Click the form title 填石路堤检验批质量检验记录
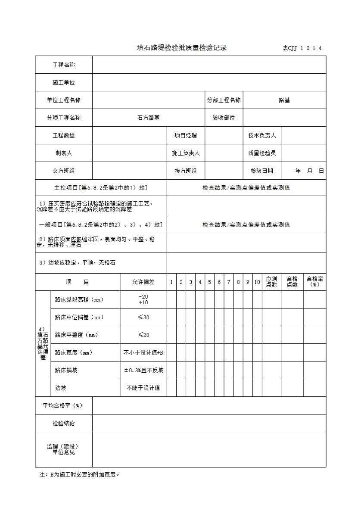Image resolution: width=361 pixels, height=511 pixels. [x=181, y=48]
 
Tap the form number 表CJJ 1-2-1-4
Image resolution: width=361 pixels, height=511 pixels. [x=302, y=48]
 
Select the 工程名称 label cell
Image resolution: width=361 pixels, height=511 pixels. [x=64, y=65]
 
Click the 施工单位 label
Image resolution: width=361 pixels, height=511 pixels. [x=64, y=82]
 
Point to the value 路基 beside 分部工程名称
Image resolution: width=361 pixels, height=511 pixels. [x=284, y=100]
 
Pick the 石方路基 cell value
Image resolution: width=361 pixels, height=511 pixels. [x=148, y=118]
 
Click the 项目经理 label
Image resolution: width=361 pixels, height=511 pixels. [x=186, y=135]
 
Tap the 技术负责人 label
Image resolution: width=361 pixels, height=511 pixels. [x=262, y=135]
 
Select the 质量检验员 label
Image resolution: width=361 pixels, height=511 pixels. [x=262, y=153]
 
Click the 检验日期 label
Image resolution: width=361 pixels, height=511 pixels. [x=262, y=171]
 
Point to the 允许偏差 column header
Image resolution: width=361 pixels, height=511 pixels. [x=143, y=282]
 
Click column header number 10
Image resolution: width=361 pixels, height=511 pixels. [x=257, y=282]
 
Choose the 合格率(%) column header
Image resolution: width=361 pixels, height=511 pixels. [x=315, y=282]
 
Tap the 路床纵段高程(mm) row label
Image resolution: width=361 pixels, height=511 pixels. [x=79, y=299]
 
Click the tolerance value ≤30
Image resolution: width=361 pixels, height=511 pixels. [x=143, y=317]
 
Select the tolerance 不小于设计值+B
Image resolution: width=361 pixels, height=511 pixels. [x=143, y=352]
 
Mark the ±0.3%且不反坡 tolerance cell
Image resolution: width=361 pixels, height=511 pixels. [x=143, y=370]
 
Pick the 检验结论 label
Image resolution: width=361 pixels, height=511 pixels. [x=64, y=423]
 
